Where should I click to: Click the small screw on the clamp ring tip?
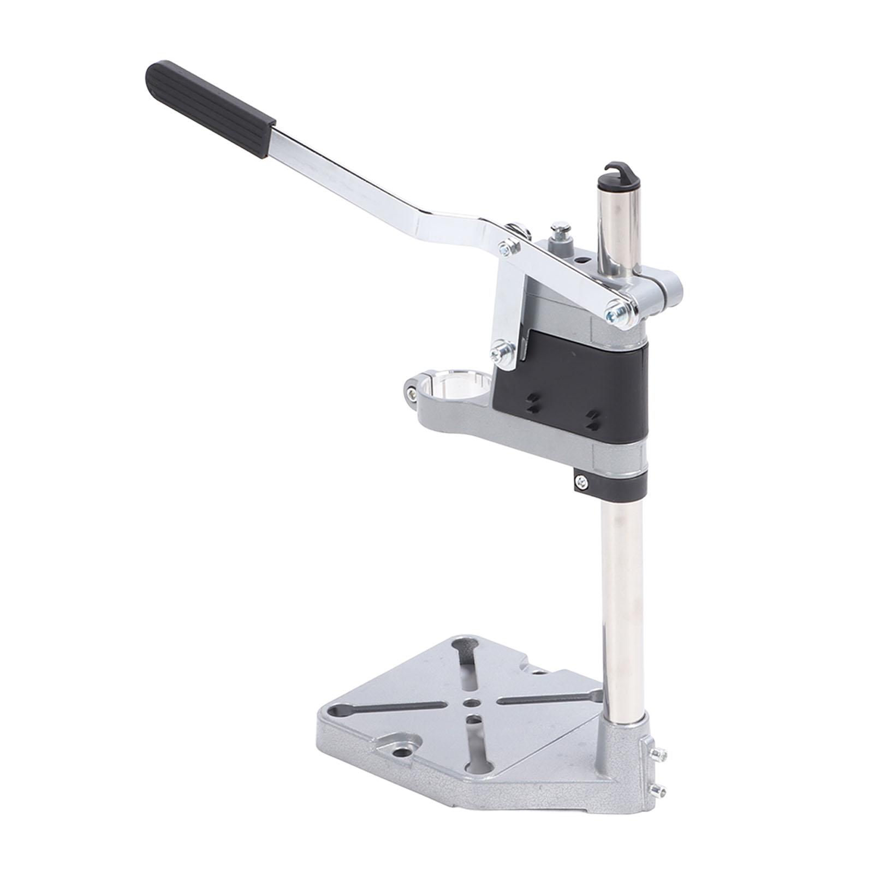[x=409, y=391]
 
